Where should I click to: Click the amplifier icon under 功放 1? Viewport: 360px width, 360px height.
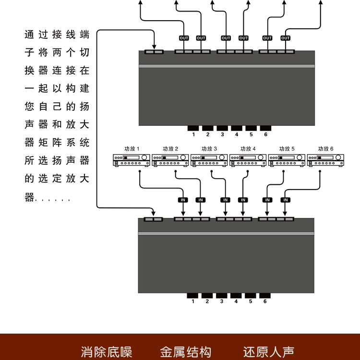tap(132, 160)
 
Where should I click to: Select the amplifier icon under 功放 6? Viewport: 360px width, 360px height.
tap(325, 160)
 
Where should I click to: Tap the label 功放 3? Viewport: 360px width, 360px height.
tap(209, 149)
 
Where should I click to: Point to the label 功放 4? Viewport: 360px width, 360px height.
tap(248, 149)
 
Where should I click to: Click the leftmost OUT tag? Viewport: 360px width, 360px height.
tap(184, 38)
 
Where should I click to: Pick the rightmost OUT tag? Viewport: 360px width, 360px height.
tap(286, 38)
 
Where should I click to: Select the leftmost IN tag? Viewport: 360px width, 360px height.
tap(183, 200)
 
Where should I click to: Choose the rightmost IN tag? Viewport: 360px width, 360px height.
tap(286, 200)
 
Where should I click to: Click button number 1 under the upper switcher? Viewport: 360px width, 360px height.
tap(193, 128)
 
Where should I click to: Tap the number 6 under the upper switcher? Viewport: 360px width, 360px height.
tap(265, 134)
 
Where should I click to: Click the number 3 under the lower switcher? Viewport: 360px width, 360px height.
tap(222, 301)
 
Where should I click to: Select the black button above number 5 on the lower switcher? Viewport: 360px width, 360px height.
tap(251, 296)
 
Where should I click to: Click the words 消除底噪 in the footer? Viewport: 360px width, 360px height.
tap(107, 352)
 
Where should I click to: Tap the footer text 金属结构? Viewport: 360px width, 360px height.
tap(185, 352)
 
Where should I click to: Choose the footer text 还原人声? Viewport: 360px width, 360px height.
tap(269, 352)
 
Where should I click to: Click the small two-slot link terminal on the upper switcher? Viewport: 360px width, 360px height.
tap(154, 52)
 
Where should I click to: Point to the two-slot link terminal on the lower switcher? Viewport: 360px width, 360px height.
tap(154, 219)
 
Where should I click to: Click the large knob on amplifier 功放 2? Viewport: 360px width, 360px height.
tap(183, 157)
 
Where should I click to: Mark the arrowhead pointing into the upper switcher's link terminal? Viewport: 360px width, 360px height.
tap(154, 47)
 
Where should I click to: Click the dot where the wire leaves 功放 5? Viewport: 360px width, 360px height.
tap(284, 171)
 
